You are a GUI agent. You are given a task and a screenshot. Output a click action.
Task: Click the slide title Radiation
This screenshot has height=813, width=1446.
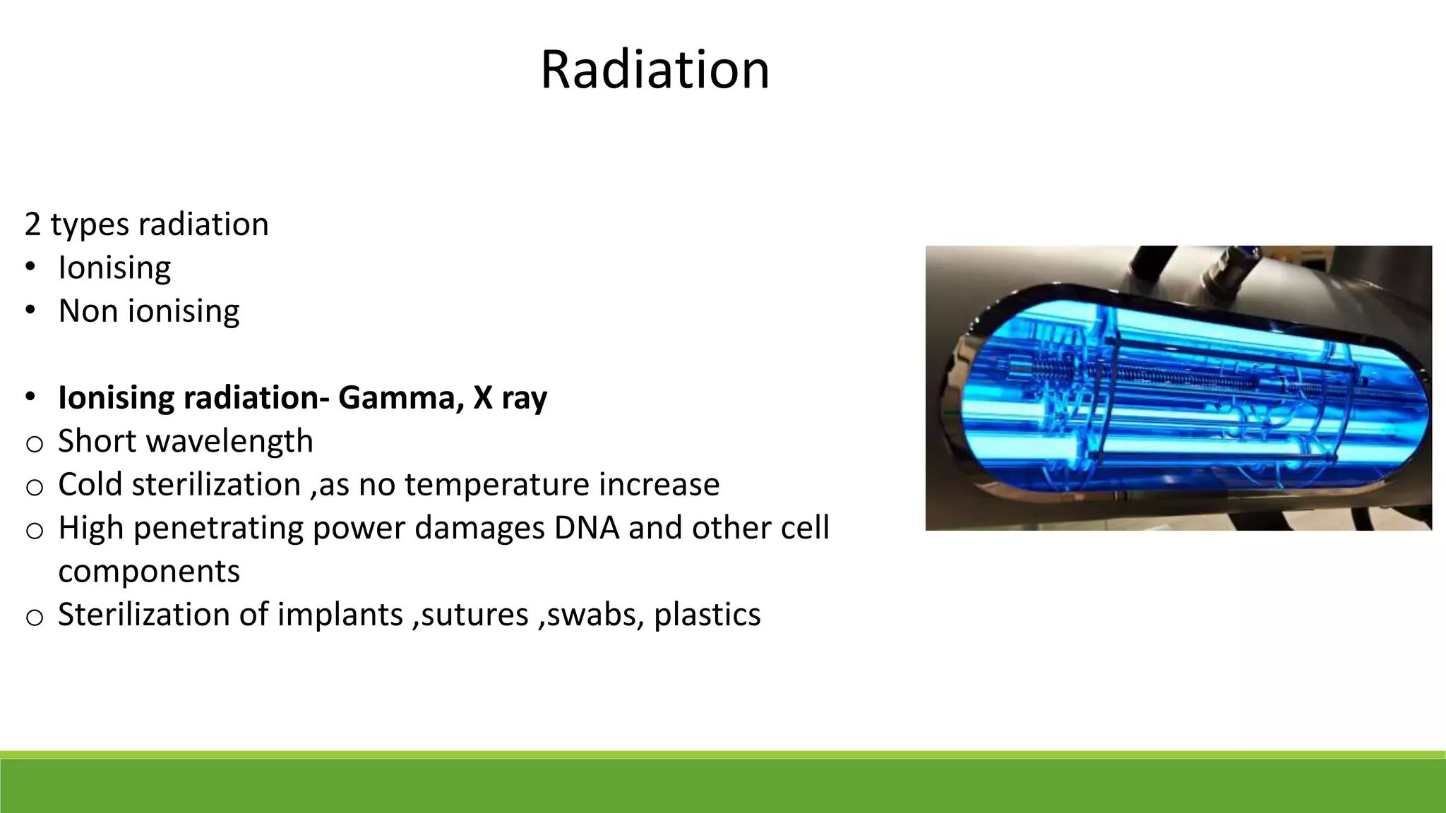(x=655, y=70)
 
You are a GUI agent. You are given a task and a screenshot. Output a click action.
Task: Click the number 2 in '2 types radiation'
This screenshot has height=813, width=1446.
(x=32, y=224)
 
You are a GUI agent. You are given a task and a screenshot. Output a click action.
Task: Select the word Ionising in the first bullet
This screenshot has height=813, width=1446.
(x=114, y=268)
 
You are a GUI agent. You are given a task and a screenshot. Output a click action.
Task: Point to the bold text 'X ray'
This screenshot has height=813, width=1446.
(x=510, y=397)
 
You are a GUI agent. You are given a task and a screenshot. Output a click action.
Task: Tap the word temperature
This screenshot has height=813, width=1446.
(x=496, y=485)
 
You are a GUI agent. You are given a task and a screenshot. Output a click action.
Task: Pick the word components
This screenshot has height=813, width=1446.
(x=149, y=572)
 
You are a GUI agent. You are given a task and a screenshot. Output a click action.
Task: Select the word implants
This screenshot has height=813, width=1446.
(x=340, y=615)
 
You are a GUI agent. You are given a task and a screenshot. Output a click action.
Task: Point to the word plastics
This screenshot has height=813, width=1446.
(x=707, y=615)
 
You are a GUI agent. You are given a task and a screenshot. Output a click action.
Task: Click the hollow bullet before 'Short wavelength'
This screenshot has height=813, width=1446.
(x=34, y=444)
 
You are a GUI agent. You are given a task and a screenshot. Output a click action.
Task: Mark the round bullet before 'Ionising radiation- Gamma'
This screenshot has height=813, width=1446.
(x=30, y=397)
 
